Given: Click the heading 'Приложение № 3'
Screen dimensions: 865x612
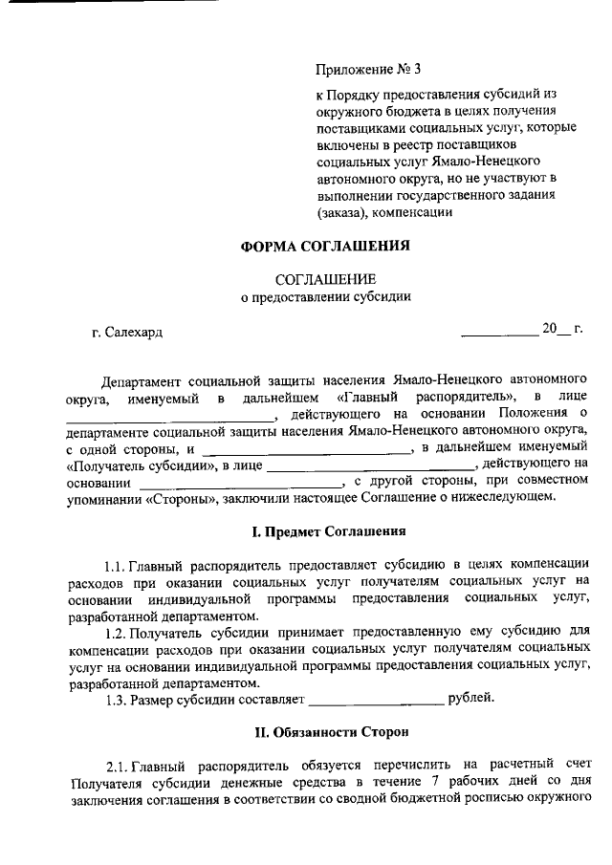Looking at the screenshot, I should click(368, 69).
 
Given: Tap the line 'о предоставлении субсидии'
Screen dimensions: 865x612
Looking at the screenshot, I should click(325, 296).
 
